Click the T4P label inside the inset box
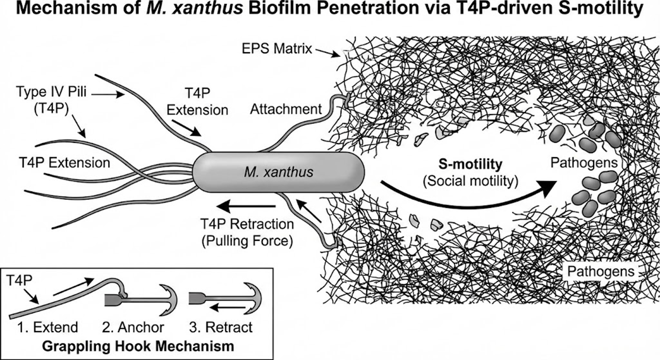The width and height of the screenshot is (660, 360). [18, 278]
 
